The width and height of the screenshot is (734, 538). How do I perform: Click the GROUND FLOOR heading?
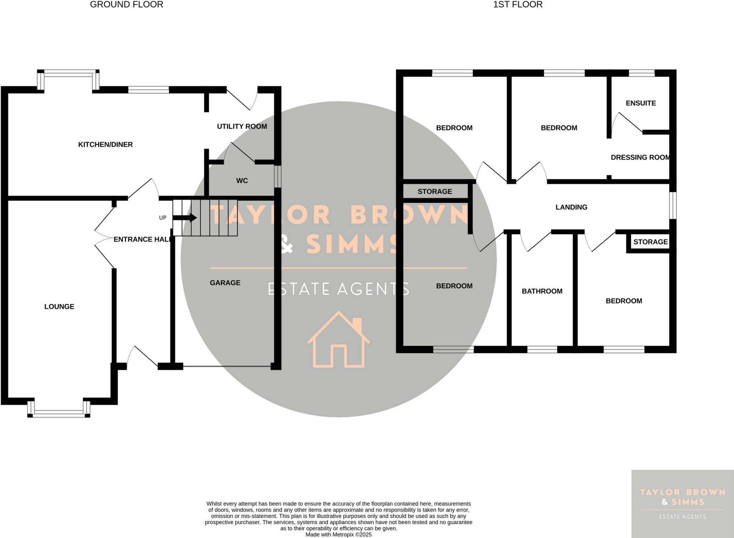[x=127, y=5]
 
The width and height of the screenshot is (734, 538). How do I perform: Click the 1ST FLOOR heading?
[x=518, y=5]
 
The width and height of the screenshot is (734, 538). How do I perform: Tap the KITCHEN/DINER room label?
[x=105, y=144]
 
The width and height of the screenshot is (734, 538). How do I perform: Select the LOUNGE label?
[x=59, y=307]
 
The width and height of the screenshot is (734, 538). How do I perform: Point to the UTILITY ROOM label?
[x=242, y=126]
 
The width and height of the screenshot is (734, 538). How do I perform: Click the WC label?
[x=242, y=181]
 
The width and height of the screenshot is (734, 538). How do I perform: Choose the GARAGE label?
[x=225, y=283]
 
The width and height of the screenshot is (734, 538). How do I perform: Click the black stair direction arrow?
[x=185, y=217]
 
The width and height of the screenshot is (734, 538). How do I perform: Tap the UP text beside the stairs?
[x=163, y=218]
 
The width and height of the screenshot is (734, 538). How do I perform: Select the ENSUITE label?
[x=641, y=103]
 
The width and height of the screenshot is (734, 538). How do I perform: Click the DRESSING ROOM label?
[x=640, y=157]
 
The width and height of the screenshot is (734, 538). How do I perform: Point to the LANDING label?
[x=571, y=207]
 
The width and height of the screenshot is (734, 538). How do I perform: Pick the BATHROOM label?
[x=542, y=291]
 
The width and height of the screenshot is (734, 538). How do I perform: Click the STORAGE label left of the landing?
[x=435, y=192]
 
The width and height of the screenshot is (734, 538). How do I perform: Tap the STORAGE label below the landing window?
[x=650, y=242]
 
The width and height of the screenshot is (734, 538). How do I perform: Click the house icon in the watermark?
[x=338, y=340]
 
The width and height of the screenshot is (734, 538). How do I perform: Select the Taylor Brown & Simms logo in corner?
[x=682, y=504]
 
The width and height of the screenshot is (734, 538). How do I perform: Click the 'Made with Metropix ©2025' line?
[x=338, y=534]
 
